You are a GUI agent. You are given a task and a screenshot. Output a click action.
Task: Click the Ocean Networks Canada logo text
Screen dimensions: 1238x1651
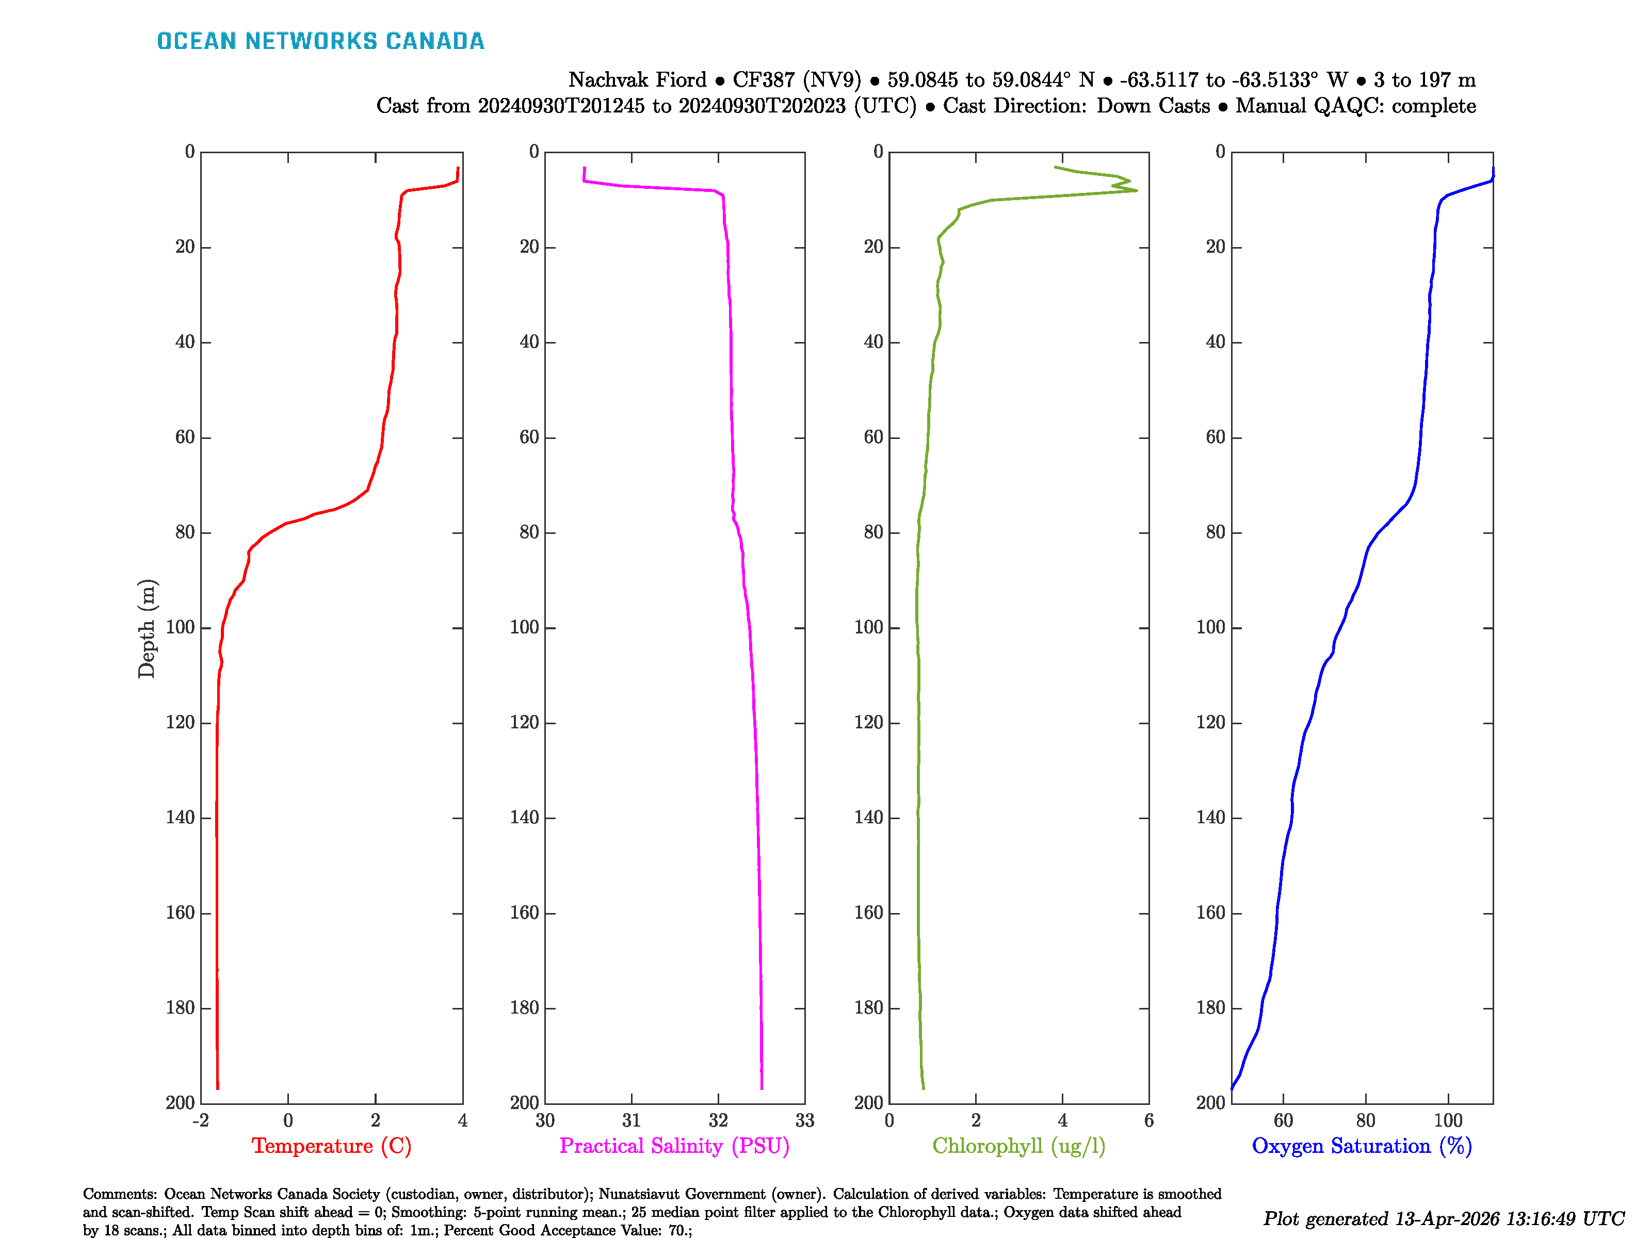point(320,41)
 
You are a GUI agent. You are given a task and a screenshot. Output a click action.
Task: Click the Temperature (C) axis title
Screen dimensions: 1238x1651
point(331,1146)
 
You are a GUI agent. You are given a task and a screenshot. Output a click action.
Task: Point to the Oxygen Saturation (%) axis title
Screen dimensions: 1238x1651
point(1362,1146)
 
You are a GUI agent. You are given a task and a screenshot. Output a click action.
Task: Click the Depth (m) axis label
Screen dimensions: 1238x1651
point(147,628)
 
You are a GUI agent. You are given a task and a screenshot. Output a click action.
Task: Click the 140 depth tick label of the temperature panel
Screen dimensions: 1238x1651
point(180,818)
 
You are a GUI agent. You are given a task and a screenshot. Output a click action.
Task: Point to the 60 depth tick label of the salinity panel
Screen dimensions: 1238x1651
point(529,437)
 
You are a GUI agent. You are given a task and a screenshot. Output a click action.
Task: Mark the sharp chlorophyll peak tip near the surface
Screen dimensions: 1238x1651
point(1137,191)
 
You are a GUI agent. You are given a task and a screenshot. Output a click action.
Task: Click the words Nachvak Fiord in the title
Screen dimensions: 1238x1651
point(637,80)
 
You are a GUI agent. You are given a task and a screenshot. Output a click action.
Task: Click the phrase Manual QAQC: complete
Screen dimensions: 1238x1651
point(1355,106)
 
